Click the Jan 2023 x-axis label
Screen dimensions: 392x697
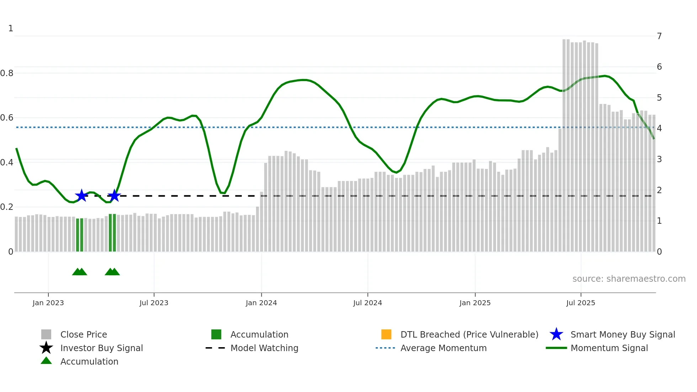pos(48,303)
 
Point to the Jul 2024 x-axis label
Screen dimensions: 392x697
pos(367,303)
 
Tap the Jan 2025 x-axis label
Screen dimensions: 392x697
pos(475,303)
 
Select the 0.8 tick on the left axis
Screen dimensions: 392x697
pos(7,73)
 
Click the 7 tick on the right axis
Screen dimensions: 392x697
pos(659,36)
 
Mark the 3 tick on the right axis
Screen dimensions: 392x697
pos(659,159)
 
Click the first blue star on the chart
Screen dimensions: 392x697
pos(81,195)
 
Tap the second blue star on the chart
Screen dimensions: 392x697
pos(114,195)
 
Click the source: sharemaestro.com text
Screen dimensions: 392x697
pos(629,279)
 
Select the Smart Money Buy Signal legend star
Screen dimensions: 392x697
pos(556,334)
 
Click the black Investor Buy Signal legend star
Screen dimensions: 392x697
pos(46,348)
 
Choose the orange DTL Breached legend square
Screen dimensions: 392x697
pos(386,334)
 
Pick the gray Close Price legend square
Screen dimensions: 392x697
pos(46,334)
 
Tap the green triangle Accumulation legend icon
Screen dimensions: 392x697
pos(46,361)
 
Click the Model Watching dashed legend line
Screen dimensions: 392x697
pos(216,348)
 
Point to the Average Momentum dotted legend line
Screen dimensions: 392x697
pos(385,348)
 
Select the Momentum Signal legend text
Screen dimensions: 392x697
pos(609,348)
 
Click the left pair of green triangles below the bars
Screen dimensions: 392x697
pos(80,272)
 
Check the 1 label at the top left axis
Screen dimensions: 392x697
pos(11,28)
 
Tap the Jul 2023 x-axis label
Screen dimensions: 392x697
pos(154,303)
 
